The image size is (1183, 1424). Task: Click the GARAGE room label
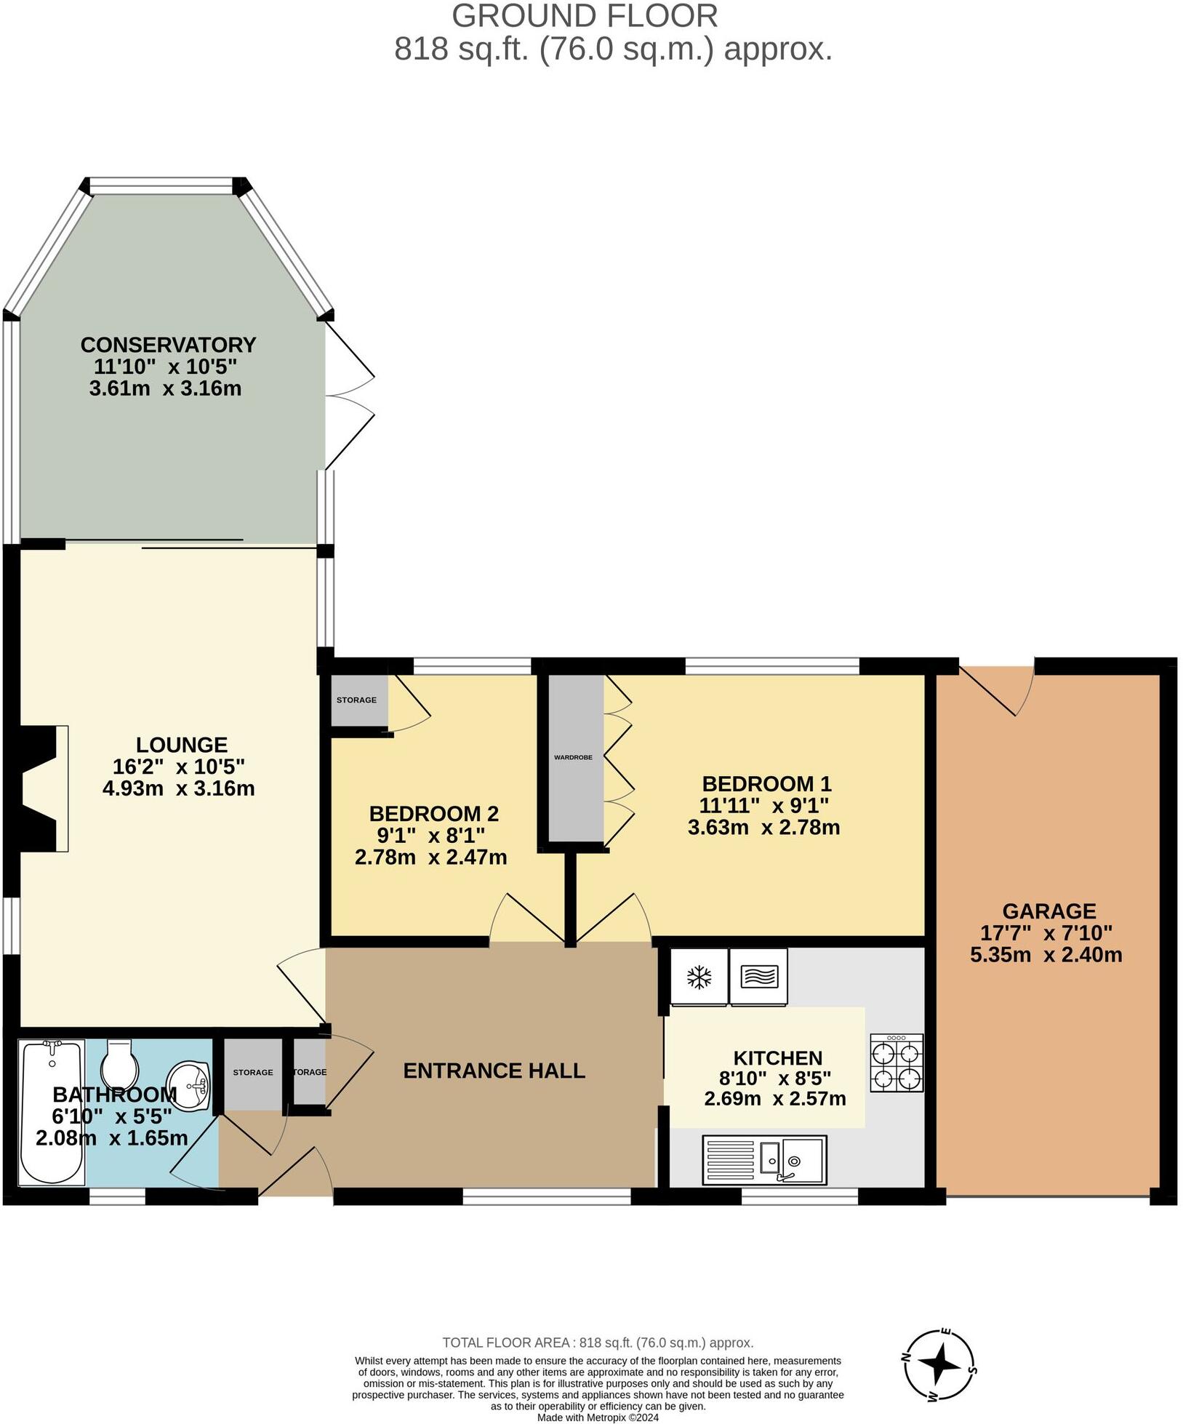pos(1048,911)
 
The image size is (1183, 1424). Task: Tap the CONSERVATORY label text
pos(168,344)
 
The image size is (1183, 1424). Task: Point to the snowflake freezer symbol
pos(699,977)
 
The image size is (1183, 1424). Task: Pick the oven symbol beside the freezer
pos(758,977)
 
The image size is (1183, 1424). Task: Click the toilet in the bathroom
pos(120,1064)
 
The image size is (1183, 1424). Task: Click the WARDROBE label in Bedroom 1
pos(573,757)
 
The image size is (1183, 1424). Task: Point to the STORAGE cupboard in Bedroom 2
pos(356,700)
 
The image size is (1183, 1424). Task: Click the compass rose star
pos(941,1364)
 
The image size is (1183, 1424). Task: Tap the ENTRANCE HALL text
pos(494,1071)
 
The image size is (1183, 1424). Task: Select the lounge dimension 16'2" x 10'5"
pos(179,767)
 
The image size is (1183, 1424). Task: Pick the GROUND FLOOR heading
pos(585,16)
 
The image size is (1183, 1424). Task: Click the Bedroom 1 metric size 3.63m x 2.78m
pos(763,827)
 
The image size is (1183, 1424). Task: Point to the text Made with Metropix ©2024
pos(598,1417)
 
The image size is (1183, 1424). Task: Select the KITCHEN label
pos(777,1058)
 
